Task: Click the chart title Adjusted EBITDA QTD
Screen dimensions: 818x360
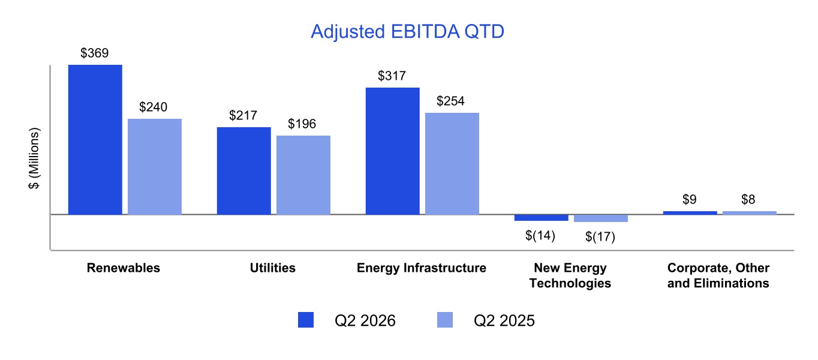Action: (407, 31)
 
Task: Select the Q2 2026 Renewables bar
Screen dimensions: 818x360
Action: (95, 140)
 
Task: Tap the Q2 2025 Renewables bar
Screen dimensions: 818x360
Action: (155, 167)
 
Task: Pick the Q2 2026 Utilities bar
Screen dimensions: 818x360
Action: (244, 170)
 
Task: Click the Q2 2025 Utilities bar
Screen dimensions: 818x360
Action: (303, 175)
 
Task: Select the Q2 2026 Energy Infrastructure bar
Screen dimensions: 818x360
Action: (393, 151)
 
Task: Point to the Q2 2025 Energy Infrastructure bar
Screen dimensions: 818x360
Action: (452, 164)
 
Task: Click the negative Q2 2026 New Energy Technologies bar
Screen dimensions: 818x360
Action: (541, 218)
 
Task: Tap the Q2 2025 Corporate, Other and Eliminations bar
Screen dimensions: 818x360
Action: (750, 213)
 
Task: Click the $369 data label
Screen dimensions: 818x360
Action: (95, 53)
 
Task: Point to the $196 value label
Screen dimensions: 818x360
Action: (302, 124)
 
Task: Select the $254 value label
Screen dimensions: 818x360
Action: (450, 101)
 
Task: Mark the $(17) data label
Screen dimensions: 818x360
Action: (600, 237)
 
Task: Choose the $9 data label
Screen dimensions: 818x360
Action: (690, 199)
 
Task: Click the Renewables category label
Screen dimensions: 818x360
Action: (124, 268)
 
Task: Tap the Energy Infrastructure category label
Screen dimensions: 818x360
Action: (422, 268)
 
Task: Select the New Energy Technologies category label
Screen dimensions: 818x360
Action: (570, 275)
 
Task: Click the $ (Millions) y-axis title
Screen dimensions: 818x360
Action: (34, 158)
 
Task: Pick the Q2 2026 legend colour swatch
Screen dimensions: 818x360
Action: (306, 320)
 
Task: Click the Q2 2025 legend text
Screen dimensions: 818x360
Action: (504, 320)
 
